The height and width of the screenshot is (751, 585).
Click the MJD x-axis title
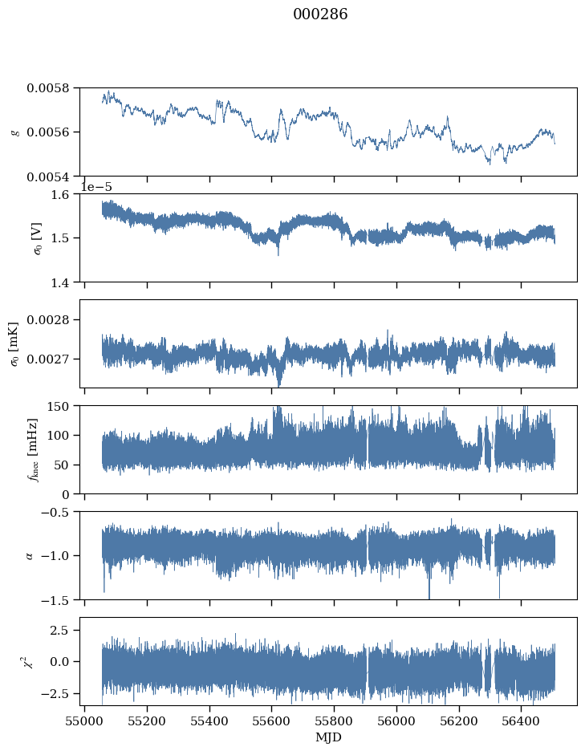point(328,737)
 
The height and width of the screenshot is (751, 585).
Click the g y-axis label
point(14,132)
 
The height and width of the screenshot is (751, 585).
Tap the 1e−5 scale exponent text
point(95,187)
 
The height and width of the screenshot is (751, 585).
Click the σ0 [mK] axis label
point(14,343)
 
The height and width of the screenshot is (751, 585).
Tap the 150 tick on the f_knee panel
point(62,406)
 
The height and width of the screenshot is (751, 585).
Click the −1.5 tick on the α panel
point(59,599)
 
